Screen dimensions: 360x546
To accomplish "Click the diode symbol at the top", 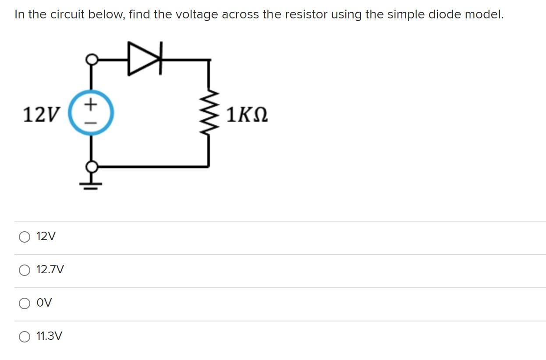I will [x=145, y=58].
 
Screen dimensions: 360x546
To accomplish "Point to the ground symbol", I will [x=91, y=183].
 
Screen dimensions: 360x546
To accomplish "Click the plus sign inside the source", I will [x=91, y=104].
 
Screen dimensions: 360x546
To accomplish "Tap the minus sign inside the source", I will [x=91, y=123].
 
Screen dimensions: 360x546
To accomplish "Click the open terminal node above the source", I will [x=91, y=59].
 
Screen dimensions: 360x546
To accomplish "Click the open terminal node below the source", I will [x=91, y=167].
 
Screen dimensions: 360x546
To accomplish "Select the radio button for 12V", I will [x=25, y=237].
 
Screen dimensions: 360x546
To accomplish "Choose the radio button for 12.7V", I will [x=25, y=271].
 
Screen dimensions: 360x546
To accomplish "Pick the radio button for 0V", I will [x=25, y=304].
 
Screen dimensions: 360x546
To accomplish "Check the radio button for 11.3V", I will [x=25, y=337].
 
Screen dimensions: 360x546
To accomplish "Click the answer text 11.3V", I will [x=49, y=336].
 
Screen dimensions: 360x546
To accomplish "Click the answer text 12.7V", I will [x=50, y=270].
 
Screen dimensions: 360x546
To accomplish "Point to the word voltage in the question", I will [x=197, y=14].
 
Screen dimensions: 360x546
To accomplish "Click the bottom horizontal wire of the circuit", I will [x=149, y=167].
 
